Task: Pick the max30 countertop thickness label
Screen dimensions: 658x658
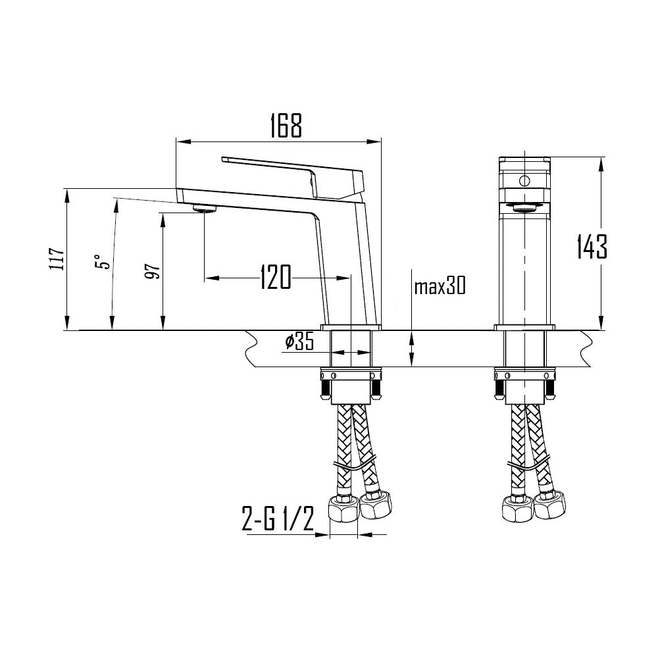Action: coord(440,286)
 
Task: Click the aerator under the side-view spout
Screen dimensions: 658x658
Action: coord(205,209)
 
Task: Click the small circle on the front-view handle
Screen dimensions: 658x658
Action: coord(524,180)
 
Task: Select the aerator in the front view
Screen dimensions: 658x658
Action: coord(524,209)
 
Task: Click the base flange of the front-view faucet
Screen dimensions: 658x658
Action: coord(524,327)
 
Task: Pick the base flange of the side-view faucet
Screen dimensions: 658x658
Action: coord(351,327)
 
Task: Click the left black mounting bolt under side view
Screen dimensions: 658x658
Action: coord(325,391)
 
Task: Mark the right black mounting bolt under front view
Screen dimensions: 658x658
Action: coord(549,391)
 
